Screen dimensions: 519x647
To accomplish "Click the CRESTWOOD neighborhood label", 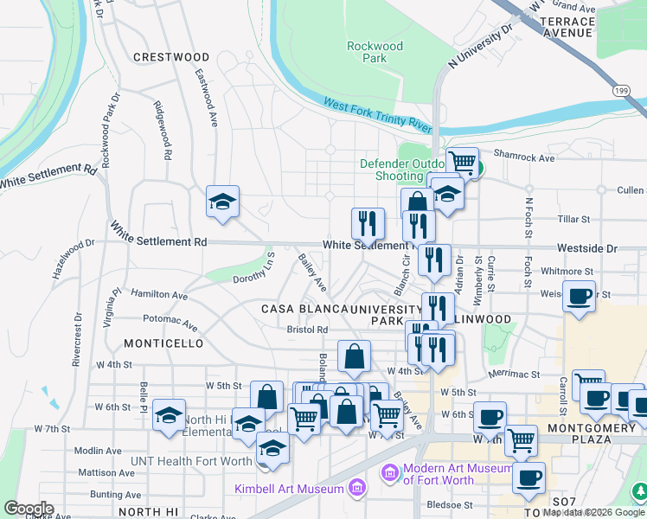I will tap(171, 57).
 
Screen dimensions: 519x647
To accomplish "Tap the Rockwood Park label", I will tap(375, 52).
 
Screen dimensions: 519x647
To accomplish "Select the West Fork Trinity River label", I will tap(378, 114).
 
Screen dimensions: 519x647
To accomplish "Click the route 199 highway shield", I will tap(638, 88).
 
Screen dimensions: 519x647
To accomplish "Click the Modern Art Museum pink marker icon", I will tap(389, 473).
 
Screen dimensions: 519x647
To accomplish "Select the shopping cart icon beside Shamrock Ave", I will tap(463, 161).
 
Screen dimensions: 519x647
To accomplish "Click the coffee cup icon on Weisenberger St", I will tap(579, 296).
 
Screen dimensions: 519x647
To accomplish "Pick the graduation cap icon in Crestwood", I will tap(222, 202).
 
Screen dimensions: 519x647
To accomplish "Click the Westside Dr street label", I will tap(587, 248).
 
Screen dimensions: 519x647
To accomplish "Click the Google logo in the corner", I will tap(28, 509).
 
